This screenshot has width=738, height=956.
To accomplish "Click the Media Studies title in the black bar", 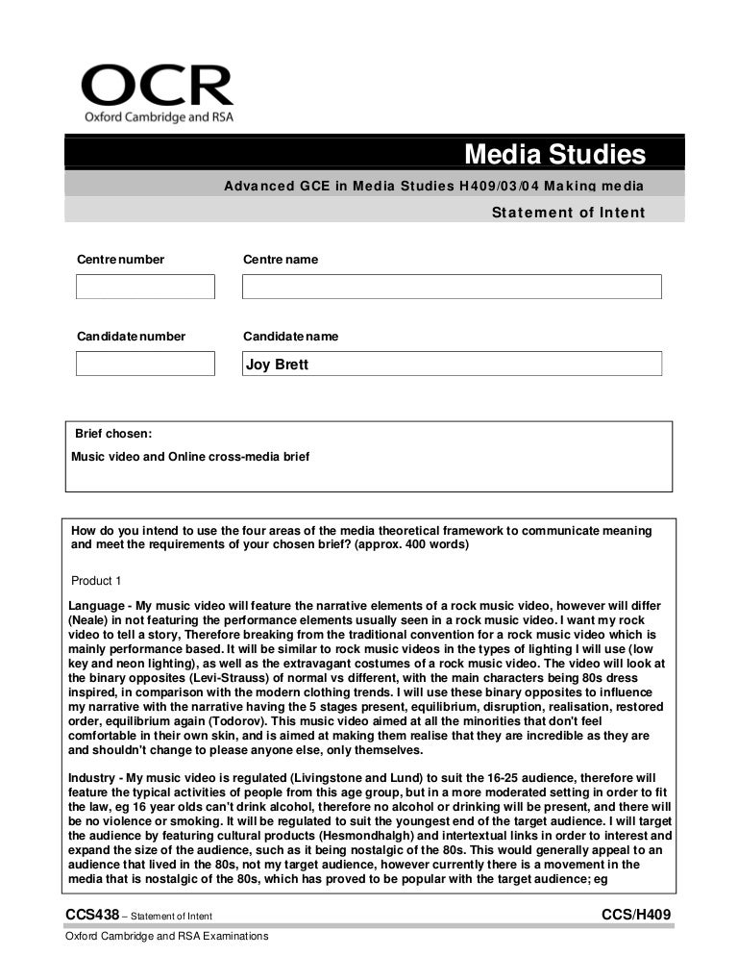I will pos(554,154).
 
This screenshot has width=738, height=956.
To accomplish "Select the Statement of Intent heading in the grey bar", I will pos(568,213).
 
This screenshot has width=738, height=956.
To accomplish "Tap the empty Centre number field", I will pos(145,287).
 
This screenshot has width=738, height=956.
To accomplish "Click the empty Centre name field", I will pos(452,287).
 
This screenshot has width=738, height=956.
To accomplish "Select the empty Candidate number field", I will pos(145,364).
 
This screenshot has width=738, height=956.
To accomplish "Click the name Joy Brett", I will pos(278,365).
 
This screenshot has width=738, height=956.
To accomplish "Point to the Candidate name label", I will pos(290,337).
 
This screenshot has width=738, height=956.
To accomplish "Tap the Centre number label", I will pos(120,260).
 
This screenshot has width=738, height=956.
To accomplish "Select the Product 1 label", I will pos(97,581).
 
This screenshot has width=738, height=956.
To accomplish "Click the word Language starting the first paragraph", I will pos(99,606).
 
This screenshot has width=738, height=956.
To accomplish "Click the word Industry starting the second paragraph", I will pos(94,777).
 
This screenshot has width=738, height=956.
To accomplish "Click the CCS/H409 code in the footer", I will pos(635,914).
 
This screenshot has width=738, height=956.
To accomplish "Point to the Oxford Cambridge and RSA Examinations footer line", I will pos(166,936).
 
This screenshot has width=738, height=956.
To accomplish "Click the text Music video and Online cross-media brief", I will pos(190,457).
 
